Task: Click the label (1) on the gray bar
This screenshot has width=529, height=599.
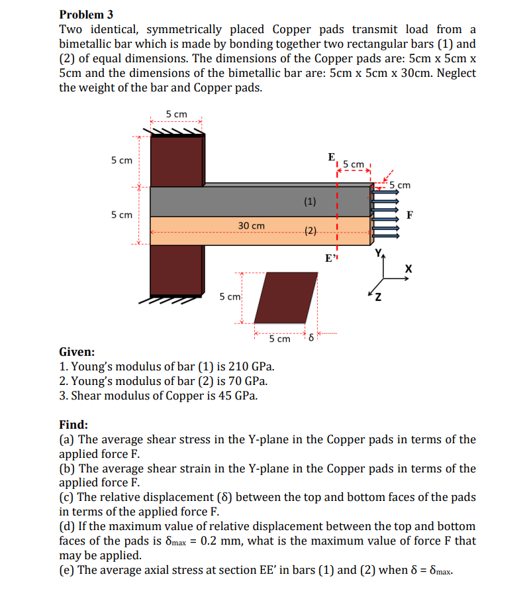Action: tap(310, 201)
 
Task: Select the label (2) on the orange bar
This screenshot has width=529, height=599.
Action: tap(310, 231)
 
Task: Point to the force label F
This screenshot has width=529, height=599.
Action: tap(410, 215)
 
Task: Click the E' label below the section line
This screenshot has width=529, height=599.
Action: tap(331, 258)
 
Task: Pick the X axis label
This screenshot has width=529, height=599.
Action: tap(409, 269)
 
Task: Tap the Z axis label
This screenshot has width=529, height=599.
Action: tap(378, 296)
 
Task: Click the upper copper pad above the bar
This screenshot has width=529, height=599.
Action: tap(177, 162)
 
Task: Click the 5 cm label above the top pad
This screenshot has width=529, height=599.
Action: tap(176, 114)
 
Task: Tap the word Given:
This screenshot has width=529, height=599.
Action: tap(77, 352)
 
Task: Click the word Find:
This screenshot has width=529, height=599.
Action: tap(73, 425)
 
